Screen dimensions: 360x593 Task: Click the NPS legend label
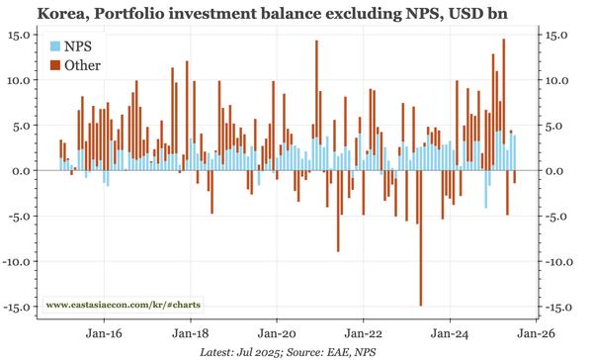pyautogui.click(x=79, y=46)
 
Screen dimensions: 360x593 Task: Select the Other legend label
pyautogui.click(x=82, y=65)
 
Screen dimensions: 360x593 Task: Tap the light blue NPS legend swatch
pyautogui.click(x=55, y=46)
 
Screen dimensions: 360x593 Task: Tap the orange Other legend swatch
pyautogui.click(x=55, y=65)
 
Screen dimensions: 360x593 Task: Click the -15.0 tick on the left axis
pyautogui.click(x=19, y=307)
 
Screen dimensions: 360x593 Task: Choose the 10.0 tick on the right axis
pyautogui.click(x=558, y=80)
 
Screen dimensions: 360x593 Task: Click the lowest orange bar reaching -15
pyautogui.click(x=421, y=297)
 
